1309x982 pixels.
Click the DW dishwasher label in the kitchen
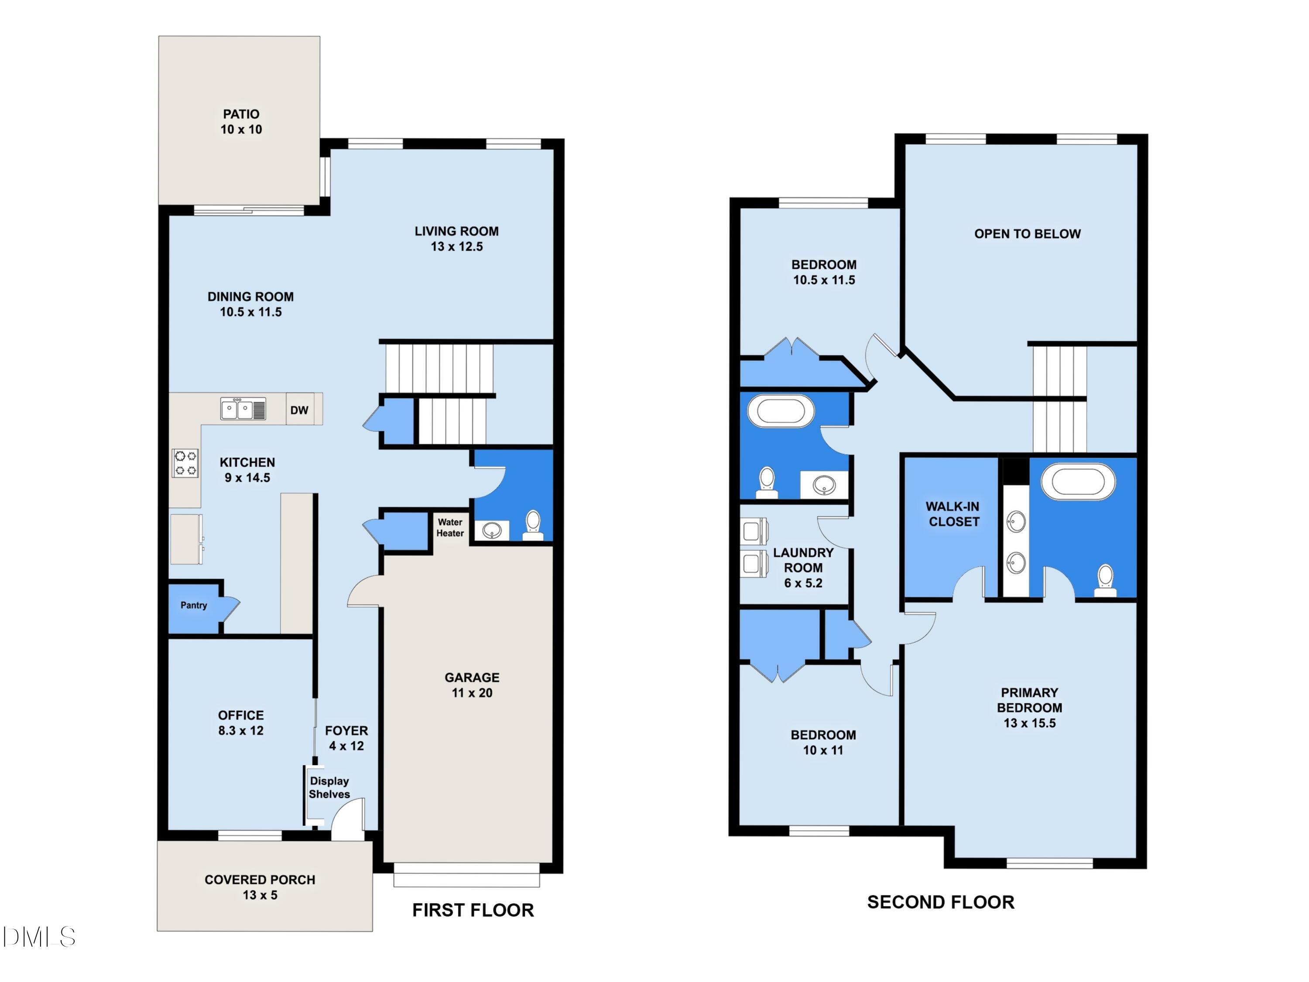[299, 410]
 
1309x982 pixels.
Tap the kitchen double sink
[243, 409]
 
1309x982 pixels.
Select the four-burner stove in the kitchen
[185, 464]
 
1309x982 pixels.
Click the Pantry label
[193, 605]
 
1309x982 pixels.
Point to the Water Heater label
[450, 527]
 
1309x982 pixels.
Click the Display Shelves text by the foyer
[329, 787]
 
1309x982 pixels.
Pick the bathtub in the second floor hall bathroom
[781, 411]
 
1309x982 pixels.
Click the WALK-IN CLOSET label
[953, 514]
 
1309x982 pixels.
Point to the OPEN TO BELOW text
[1027, 234]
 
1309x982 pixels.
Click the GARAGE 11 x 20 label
[472, 685]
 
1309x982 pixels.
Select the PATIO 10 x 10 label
[241, 121]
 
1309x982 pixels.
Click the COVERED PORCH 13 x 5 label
[260, 887]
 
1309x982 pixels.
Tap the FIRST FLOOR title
[473, 910]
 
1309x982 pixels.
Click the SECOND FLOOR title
[940, 902]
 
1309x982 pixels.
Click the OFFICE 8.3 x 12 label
[241, 722]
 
